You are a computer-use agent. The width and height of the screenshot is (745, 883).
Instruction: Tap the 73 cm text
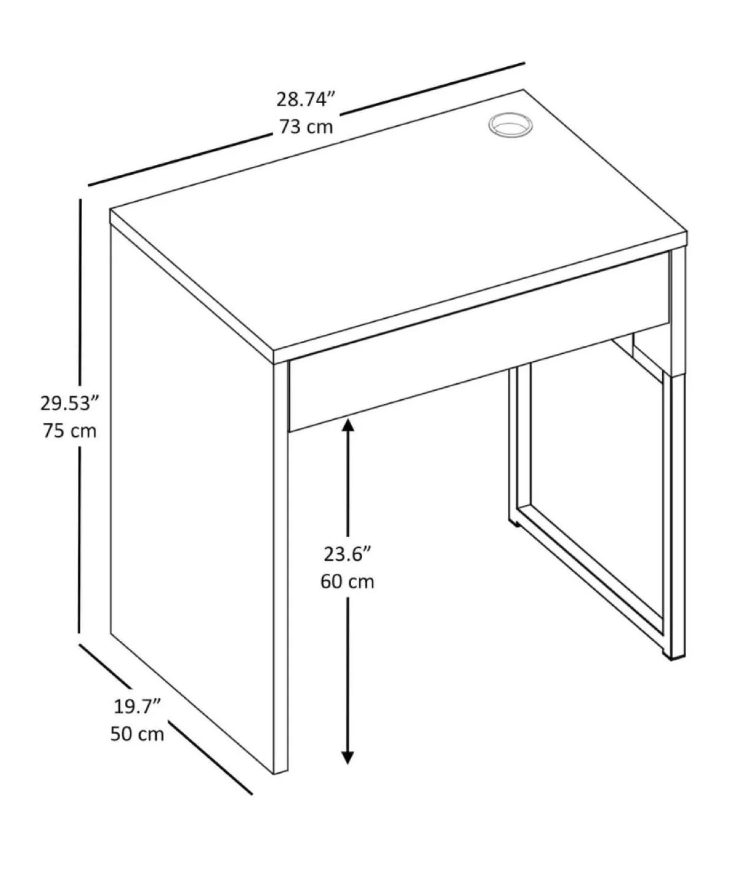306,127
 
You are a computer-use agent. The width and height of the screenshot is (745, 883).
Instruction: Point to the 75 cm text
70,431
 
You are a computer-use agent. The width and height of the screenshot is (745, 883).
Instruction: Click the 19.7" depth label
137,706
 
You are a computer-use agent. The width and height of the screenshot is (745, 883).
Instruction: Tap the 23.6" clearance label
347,554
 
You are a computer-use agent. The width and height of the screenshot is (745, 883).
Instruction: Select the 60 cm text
347,581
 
